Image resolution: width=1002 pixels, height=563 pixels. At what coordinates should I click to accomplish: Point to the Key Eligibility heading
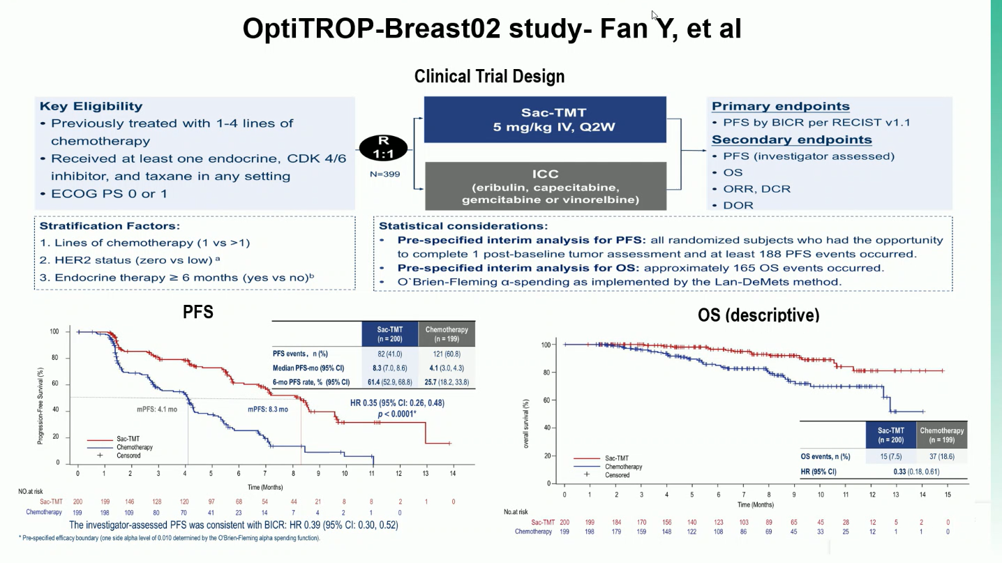click(x=91, y=106)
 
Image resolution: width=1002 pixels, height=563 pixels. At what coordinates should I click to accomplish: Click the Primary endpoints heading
click(x=780, y=106)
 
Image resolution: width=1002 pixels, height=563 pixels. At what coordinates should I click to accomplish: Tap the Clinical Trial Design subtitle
click(x=489, y=76)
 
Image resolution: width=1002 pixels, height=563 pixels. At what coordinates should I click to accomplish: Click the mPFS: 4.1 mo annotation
click(x=156, y=410)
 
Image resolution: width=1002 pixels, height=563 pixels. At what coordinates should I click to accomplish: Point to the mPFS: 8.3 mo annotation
click(x=268, y=410)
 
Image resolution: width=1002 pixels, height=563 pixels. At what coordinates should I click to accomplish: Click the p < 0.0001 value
click(x=397, y=414)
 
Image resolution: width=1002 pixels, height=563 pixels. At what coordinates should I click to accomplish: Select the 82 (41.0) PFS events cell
click(x=388, y=354)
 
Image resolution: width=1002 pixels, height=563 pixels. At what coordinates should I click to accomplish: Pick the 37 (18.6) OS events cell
click(x=941, y=457)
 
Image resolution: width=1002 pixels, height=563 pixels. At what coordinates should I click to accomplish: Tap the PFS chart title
click(x=197, y=312)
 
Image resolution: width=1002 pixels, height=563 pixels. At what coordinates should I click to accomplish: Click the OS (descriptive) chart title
click(x=758, y=315)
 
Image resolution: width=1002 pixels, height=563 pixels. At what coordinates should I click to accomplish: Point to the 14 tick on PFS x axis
click(x=453, y=474)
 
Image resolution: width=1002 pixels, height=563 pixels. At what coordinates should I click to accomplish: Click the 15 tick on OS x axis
click(x=947, y=494)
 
